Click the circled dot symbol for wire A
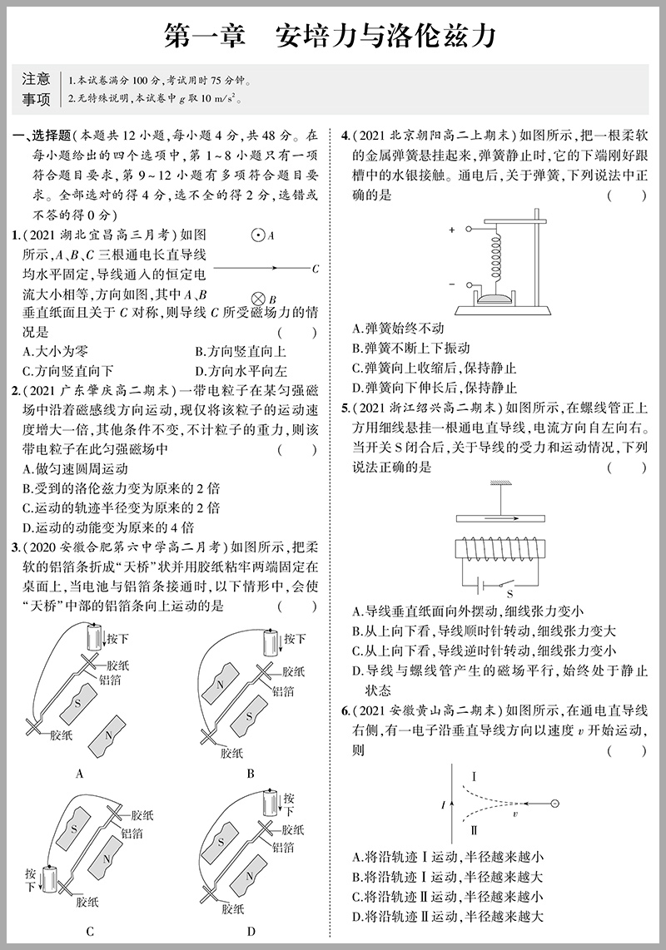258,235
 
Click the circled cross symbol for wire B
258,298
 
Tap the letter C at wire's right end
315,268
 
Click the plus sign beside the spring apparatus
452,230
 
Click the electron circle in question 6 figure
553,804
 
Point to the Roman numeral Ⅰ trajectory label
474,776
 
